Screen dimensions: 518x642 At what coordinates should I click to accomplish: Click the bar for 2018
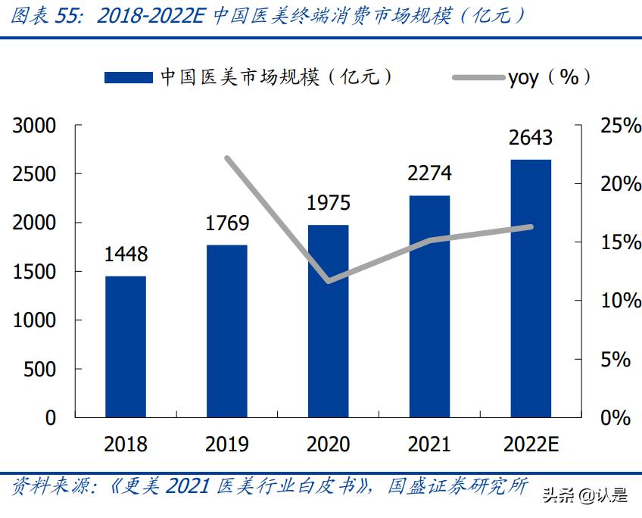point(126,346)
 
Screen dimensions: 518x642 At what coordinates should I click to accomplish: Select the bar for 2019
point(227,330)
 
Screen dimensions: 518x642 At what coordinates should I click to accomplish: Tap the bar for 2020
point(328,320)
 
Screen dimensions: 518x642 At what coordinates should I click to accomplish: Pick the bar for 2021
point(429,306)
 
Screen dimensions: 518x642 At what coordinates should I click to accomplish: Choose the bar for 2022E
point(531,288)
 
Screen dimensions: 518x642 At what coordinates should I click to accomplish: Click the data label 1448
point(126,254)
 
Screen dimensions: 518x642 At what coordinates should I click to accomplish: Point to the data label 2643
point(531,138)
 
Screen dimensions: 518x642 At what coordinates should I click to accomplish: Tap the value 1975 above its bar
point(328,203)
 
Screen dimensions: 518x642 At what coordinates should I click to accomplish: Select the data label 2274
point(429,173)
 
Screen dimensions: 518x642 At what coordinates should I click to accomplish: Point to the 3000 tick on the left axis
point(35,126)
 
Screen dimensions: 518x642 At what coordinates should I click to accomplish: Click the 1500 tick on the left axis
point(35,272)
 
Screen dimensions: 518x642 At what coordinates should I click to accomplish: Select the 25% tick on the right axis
point(620,126)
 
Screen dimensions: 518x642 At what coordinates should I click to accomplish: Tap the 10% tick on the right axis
point(620,301)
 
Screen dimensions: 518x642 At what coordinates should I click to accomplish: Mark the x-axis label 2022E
point(531,444)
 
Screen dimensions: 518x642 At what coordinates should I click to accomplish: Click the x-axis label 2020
point(328,444)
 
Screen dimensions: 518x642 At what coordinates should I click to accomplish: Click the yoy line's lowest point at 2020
point(328,281)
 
